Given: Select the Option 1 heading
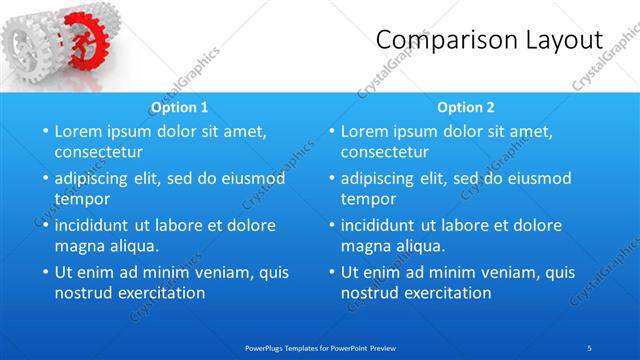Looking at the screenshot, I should pyautogui.click(x=179, y=107).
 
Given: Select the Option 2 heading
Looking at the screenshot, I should pyautogui.click(x=466, y=107).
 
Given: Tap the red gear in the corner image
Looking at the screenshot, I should pyautogui.click(x=82, y=38).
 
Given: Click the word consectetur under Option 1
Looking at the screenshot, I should pyautogui.click(x=98, y=152).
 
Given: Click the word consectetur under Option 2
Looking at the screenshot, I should pyautogui.click(x=385, y=152).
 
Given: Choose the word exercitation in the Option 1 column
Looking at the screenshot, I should pyautogui.click(x=158, y=293).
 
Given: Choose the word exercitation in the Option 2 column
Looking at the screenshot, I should pyautogui.click(x=444, y=293).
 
